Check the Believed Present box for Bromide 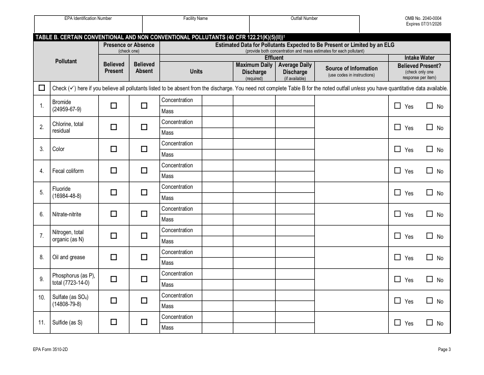click(114, 106)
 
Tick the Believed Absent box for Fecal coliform click(144, 170)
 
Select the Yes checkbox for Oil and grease click(397, 257)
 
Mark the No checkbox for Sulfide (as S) click(430, 322)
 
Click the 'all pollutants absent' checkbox click(42, 88)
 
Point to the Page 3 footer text click(444, 349)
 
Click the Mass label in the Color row click(168, 155)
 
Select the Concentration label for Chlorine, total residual click(177, 122)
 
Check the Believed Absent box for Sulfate click(144, 301)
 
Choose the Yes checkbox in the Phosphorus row click(397, 279)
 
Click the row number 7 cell click(42, 236)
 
